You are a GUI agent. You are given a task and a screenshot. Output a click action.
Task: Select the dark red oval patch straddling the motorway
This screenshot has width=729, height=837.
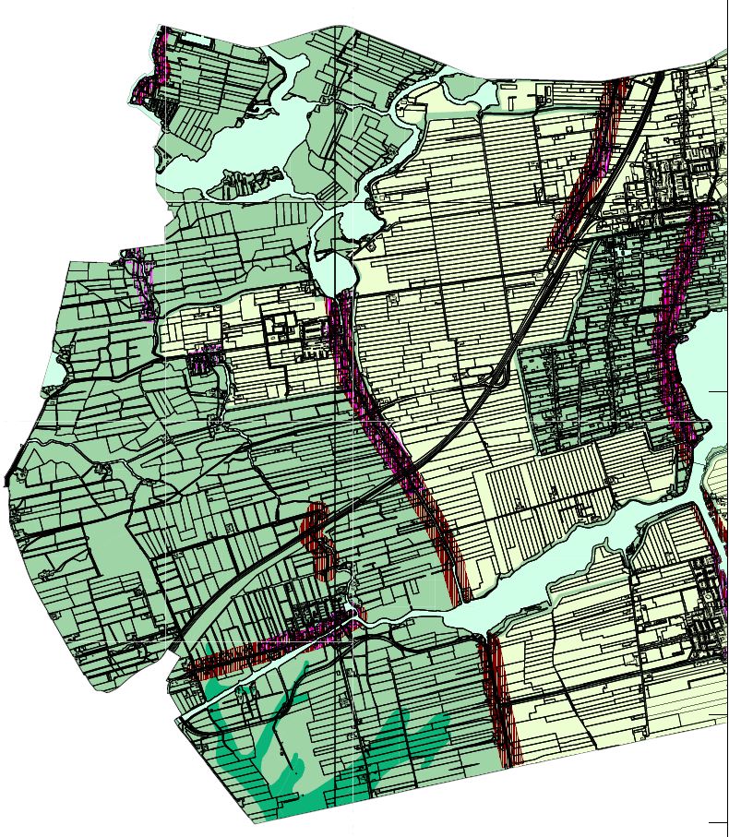[319, 540]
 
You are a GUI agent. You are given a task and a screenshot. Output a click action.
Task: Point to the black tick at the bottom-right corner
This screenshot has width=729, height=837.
[717, 821]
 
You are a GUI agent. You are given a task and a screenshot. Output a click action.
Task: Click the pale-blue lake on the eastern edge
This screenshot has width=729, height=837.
[706, 360]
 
